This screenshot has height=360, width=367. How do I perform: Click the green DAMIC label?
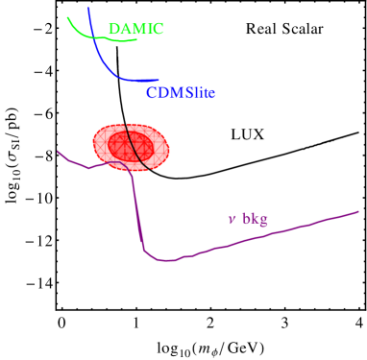135,29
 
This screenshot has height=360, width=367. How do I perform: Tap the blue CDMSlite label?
181,93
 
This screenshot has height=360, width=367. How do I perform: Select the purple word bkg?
255,219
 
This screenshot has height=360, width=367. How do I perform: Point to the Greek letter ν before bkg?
232,220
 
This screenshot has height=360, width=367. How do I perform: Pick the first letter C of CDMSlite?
152,93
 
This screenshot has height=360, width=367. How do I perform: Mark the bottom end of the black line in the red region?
148,170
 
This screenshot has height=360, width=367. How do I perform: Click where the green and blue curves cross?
93,36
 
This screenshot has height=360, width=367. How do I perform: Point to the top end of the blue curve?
88,8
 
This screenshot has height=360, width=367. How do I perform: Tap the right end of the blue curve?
159,80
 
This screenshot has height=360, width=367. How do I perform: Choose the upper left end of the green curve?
67,16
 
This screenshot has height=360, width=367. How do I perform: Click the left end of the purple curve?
58,151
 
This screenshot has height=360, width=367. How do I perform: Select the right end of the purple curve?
358,211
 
